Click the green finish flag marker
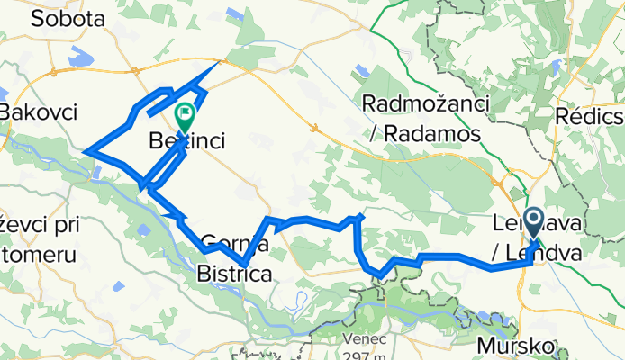(x=186, y=116)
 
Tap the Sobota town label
(x=68, y=19)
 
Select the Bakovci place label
(x=38, y=112)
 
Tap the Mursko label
(x=517, y=344)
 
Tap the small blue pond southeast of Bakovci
(x=97, y=173)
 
